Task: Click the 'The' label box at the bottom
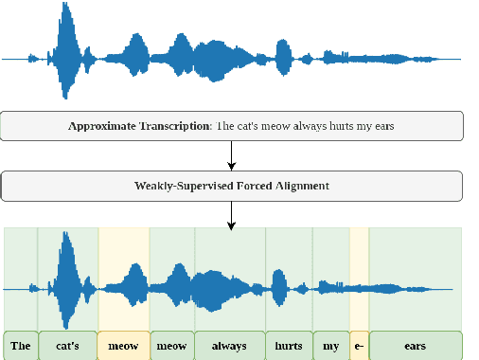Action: point(21,346)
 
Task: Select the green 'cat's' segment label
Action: point(67,346)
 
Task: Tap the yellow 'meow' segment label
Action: point(124,346)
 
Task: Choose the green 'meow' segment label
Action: point(172,346)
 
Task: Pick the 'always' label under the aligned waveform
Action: point(230,346)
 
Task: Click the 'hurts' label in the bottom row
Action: point(289,346)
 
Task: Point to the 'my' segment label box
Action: point(330,346)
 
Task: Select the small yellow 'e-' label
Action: point(359,346)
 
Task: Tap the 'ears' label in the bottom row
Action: point(415,346)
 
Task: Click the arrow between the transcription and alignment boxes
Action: point(232,154)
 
